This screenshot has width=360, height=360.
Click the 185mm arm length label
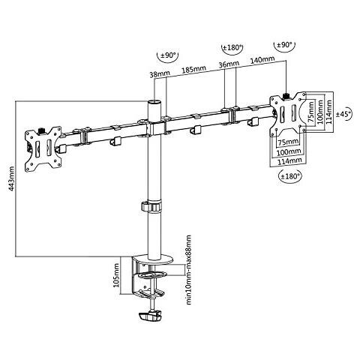click(194, 68)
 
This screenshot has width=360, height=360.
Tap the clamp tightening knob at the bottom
click(148, 319)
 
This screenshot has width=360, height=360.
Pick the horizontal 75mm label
click(286, 140)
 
